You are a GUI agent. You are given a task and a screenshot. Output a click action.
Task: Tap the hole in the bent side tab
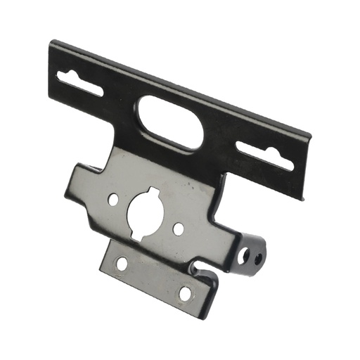(258, 258)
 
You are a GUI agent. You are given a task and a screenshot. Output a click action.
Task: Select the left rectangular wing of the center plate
(81, 184)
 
